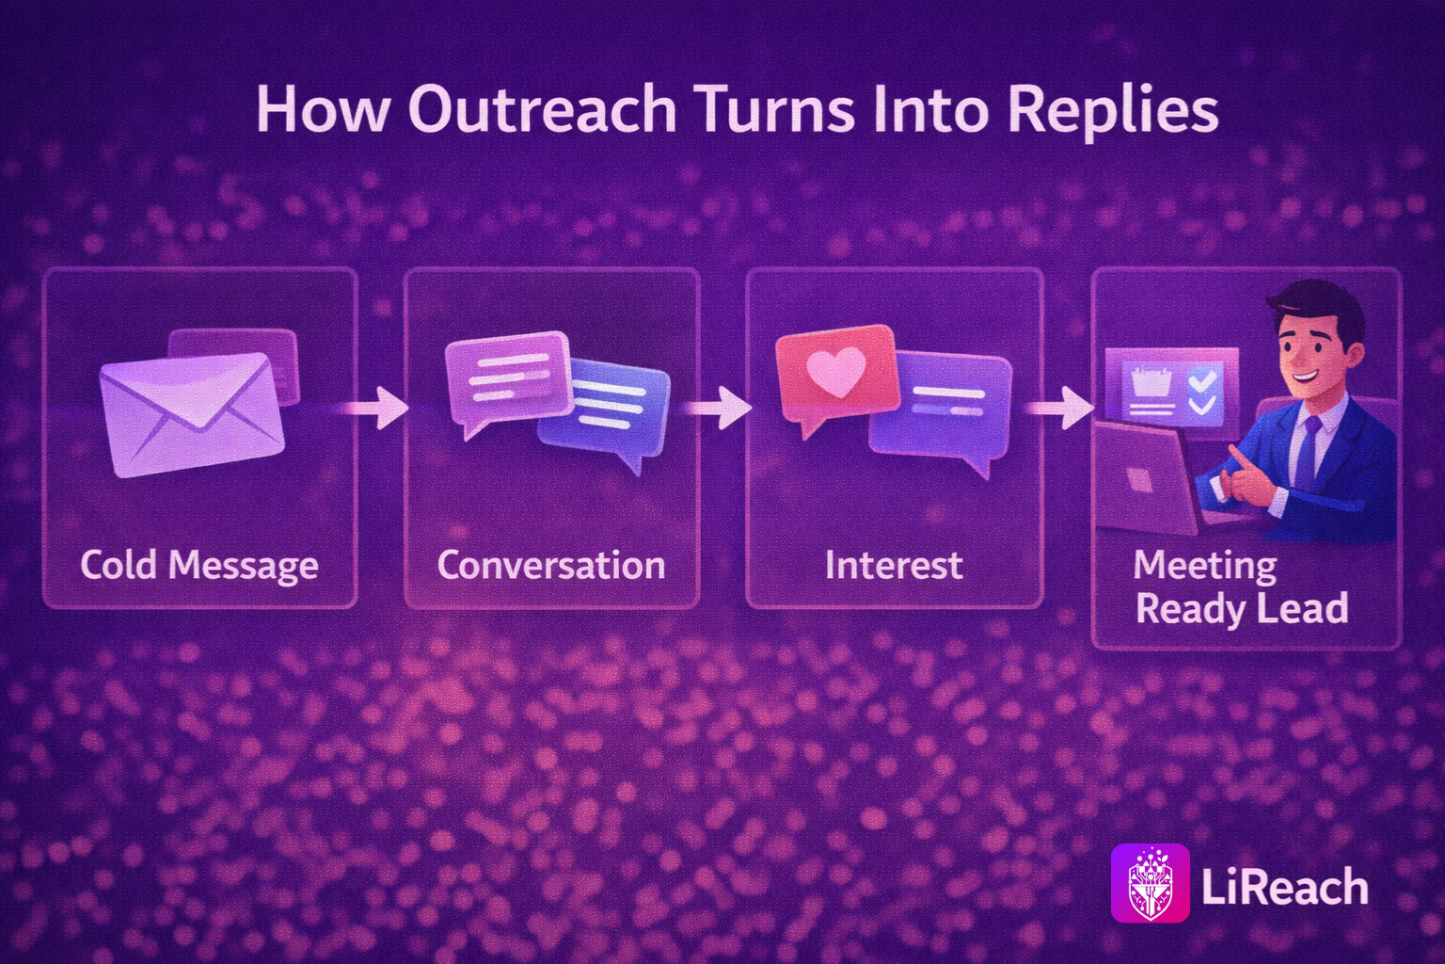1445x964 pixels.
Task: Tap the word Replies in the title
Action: click(x=1114, y=111)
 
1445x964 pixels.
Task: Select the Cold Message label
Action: click(x=199, y=567)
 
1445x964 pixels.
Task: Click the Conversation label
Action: click(x=551, y=565)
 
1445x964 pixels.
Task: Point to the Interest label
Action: click(x=894, y=565)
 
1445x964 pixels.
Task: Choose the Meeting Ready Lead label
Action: click(x=1241, y=586)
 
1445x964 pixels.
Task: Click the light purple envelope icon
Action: click(x=192, y=414)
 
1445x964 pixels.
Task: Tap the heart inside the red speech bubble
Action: click(x=836, y=371)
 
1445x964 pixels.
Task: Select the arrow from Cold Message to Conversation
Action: click(x=377, y=408)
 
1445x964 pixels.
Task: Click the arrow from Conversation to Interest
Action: click(x=718, y=408)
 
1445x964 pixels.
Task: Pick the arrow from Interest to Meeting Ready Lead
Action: click(x=1060, y=408)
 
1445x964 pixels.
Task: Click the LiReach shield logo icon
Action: click(x=1151, y=883)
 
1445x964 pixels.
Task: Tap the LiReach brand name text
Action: click(x=1284, y=887)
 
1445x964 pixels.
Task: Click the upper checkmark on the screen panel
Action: click(x=1201, y=381)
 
